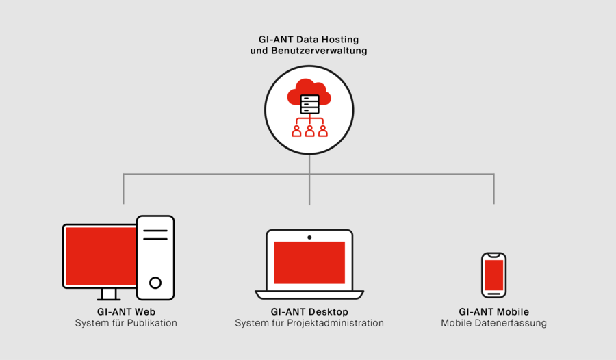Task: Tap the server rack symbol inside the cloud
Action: [x=309, y=105]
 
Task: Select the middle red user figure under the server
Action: [x=309, y=131]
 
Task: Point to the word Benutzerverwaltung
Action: [x=319, y=51]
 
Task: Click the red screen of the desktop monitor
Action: [x=101, y=256]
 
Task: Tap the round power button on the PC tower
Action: [x=155, y=283]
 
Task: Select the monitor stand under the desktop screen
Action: [x=108, y=294]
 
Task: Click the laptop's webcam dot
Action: [x=309, y=237]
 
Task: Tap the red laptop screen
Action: [x=309, y=263]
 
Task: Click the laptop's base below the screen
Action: [x=309, y=295]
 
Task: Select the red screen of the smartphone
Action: [x=493, y=275]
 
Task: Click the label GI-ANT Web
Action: [x=126, y=311]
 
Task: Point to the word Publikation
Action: [x=152, y=323]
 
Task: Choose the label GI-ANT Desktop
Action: [x=309, y=311]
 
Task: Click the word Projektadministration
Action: [x=335, y=323]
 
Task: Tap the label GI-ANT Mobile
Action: [x=493, y=311]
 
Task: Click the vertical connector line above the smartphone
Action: [x=493, y=189]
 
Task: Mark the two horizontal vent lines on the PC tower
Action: [x=155, y=235]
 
